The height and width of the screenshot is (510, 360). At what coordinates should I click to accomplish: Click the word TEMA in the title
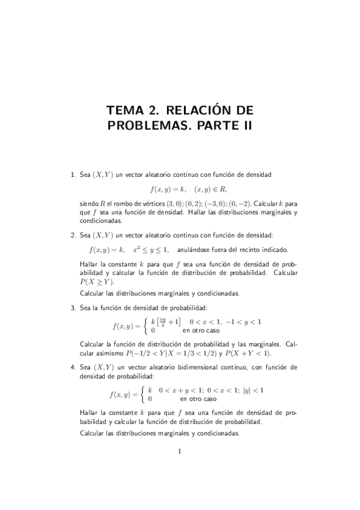coord(124,111)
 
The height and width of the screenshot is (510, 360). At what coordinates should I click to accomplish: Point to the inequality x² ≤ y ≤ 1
coord(151,249)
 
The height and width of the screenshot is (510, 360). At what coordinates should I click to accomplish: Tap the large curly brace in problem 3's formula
coord(145,326)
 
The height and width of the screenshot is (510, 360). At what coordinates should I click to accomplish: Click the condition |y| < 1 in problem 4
coord(253,390)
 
